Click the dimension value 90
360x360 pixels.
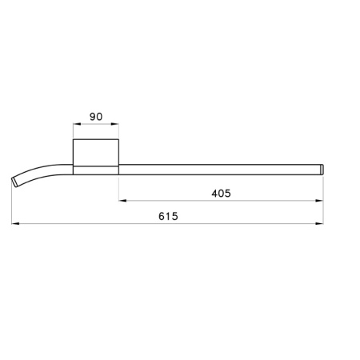(96, 117)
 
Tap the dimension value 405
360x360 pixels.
(221, 193)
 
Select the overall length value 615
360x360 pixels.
(167, 217)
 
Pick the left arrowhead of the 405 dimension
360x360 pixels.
(122, 200)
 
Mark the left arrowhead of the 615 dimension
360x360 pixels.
(15, 224)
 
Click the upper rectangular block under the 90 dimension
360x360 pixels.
(96, 151)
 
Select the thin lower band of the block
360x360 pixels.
(96, 169)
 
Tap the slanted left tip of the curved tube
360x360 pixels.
(16, 182)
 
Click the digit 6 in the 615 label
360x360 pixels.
(161, 217)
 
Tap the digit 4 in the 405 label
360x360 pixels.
(214, 193)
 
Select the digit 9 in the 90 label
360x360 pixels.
(92, 117)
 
